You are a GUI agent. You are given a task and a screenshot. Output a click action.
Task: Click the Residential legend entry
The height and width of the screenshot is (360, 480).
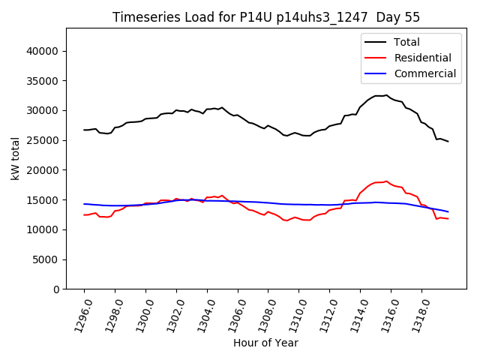click(422, 58)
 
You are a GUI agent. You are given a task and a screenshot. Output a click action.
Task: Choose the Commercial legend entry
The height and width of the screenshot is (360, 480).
click(424, 73)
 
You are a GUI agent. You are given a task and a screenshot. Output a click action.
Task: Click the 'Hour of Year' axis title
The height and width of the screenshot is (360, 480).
click(265, 343)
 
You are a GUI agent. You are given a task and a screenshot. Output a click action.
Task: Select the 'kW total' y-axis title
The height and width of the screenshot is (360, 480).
click(15, 158)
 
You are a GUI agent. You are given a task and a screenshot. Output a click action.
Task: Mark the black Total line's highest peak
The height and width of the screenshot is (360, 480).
click(386, 95)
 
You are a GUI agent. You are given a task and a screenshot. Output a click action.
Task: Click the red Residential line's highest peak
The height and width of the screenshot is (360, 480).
click(386, 181)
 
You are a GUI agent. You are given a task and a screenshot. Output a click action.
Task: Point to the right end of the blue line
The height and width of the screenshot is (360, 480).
click(448, 211)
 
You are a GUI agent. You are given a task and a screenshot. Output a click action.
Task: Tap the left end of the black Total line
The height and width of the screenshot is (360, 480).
click(84, 130)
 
